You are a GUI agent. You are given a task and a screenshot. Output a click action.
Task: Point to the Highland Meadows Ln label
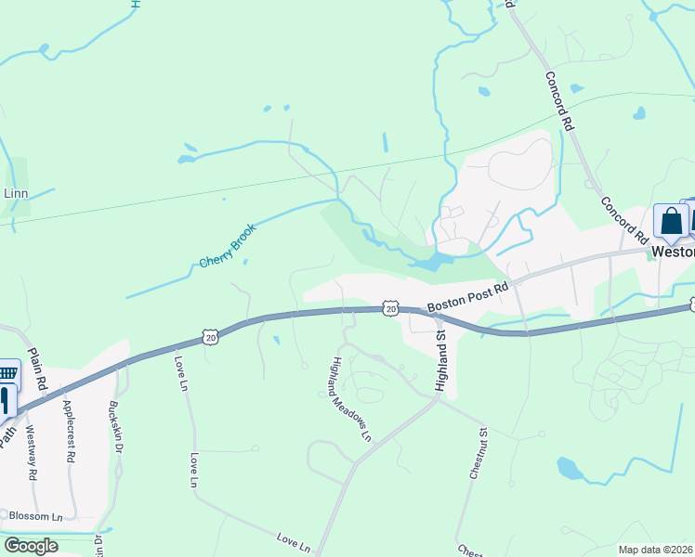351,398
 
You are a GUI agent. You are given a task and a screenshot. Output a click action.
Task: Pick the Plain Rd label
38,369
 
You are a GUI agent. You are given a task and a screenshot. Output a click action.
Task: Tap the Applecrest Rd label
68,432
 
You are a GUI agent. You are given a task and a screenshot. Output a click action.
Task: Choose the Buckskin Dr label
116,425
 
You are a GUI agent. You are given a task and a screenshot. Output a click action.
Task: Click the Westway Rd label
31,452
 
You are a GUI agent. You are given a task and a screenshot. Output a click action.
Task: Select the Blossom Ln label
36,515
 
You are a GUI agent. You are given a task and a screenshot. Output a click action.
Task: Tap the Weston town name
673,252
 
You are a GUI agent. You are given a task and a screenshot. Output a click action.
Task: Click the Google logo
31,546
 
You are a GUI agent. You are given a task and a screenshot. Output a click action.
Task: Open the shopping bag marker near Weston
670,221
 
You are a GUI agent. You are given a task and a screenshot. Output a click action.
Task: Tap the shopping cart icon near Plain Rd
7,373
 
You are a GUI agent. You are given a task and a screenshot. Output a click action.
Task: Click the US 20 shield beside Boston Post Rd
390,308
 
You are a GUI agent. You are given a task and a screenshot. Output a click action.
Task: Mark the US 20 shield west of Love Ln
211,336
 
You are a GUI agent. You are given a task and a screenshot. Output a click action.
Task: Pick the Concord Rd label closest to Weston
623,218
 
